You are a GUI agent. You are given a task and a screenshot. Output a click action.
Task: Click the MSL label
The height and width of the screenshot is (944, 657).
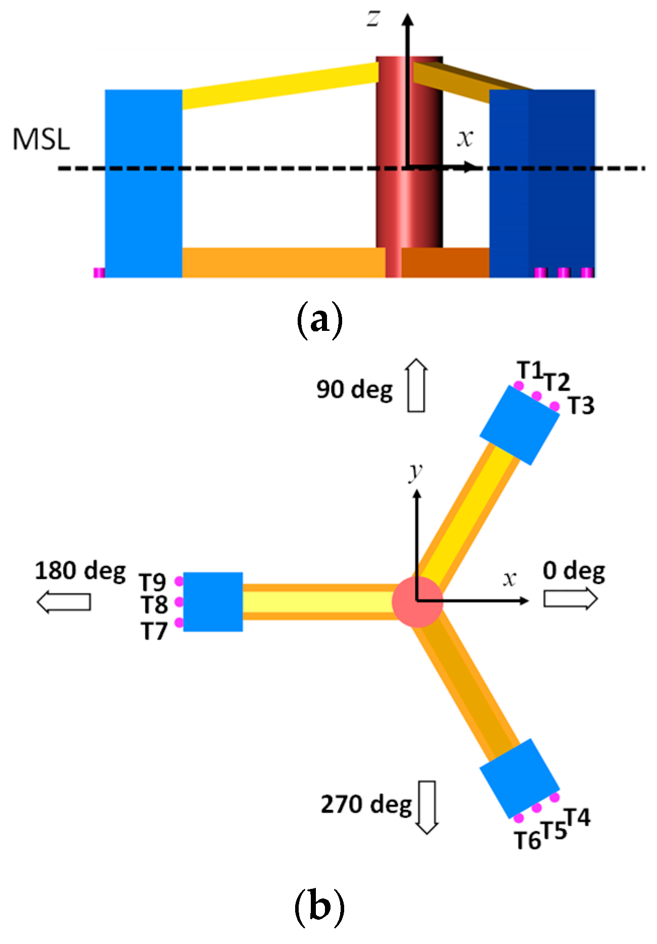(x=41, y=139)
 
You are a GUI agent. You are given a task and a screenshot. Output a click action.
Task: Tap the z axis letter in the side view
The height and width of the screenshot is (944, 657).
(x=373, y=18)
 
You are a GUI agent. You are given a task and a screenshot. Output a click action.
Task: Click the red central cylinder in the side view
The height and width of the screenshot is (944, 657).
(x=409, y=202)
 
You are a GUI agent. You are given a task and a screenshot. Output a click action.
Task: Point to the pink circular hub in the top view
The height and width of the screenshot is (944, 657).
(x=417, y=601)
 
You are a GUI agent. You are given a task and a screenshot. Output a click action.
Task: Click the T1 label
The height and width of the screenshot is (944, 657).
(x=530, y=371)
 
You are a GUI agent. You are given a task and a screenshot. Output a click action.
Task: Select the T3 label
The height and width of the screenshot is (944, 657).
(x=581, y=406)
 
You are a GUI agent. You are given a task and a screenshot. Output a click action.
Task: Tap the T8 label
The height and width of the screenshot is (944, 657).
(x=154, y=605)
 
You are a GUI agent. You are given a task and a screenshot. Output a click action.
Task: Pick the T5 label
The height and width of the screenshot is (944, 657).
(x=554, y=830)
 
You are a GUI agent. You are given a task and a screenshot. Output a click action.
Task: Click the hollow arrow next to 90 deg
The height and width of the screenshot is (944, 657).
(x=417, y=385)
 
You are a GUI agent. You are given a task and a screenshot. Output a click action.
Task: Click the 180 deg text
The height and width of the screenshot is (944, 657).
(x=80, y=571)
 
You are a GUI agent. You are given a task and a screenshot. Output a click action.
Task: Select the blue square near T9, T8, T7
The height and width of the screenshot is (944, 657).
(x=213, y=602)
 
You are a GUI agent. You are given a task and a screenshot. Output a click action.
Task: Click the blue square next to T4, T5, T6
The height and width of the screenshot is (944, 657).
(x=520, y=779)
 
